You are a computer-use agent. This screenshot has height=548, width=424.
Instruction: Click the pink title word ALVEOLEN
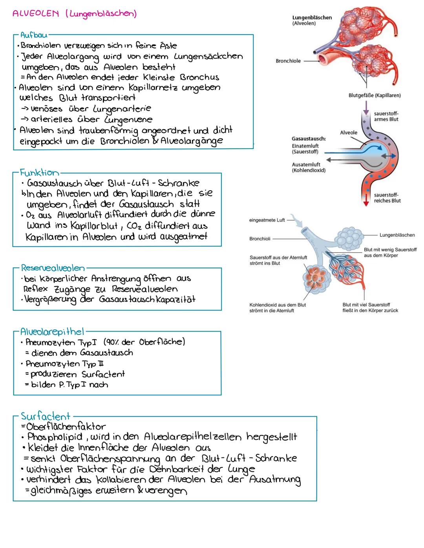tap(35, 14)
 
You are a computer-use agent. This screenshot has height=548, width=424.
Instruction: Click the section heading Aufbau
tap(34, 35)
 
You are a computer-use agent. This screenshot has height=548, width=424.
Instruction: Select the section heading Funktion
tap(39, 173)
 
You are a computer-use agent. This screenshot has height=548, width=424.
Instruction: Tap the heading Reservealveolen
tap(53, 268)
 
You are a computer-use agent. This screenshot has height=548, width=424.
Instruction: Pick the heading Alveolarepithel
tap(52, 332)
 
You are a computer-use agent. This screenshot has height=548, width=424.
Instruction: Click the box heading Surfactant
tap(46, 416)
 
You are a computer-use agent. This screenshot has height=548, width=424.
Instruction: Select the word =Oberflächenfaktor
tap(63, 427)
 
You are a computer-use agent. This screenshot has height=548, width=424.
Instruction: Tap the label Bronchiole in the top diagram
tap(288, 61)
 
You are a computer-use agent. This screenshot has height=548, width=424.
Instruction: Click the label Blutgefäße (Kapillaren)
tap(375, 96)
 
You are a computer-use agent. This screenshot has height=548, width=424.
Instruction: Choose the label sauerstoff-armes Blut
tap(386, 116)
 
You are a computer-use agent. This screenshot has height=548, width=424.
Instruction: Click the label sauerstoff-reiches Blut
tap(387, 198)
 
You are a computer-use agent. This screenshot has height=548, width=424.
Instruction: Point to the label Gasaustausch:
tap(309, 139)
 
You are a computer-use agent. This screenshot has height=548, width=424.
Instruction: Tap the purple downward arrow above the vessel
tap(366, 107)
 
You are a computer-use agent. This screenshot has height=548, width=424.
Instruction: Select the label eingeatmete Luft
tap(267, 220)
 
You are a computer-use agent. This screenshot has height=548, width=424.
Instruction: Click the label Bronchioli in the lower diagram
tap(260, 239)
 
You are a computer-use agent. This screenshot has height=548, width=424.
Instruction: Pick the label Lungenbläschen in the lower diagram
tap(397, 235)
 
